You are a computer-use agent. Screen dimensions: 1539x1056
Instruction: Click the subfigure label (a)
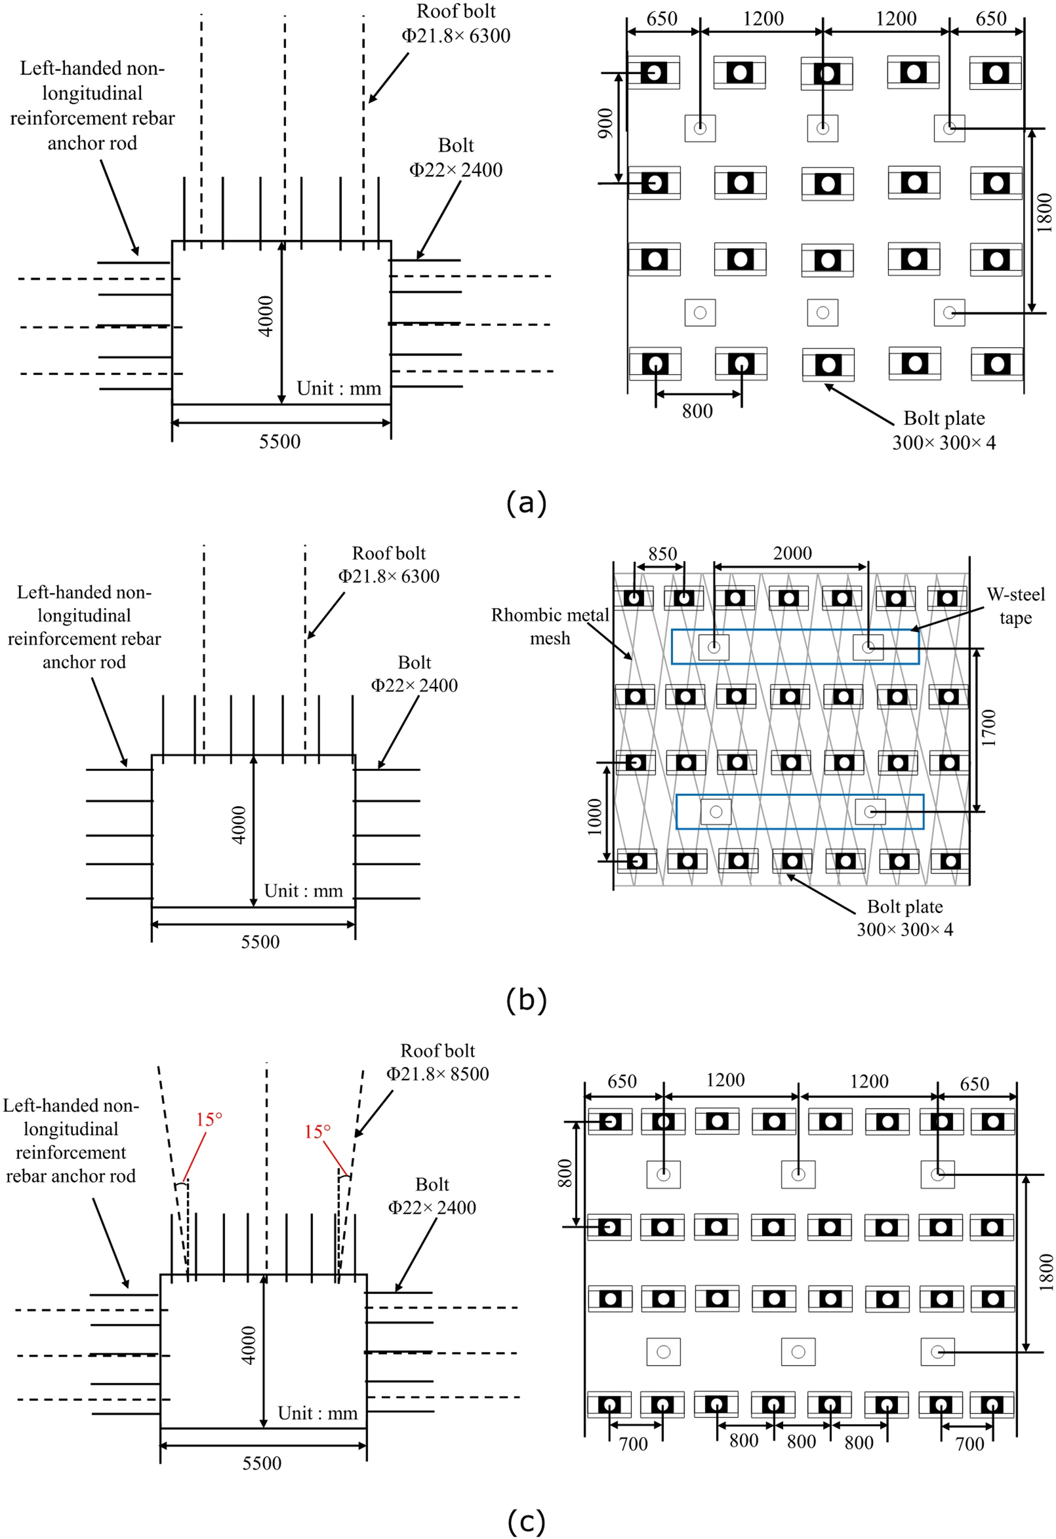526,503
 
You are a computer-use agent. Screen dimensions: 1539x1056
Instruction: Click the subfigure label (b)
526,1000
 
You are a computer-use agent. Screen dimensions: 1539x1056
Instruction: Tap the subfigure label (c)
526,1521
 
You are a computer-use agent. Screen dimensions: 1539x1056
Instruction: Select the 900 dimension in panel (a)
605,123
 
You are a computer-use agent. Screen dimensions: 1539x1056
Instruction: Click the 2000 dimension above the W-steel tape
792,553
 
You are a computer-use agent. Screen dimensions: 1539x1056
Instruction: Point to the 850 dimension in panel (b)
662,554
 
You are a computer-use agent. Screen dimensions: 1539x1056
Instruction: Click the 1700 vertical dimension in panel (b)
989,728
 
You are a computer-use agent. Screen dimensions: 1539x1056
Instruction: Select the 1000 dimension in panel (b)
594,817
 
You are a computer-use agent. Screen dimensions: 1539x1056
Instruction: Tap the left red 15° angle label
209,1120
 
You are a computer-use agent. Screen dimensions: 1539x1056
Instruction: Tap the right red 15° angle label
317,1132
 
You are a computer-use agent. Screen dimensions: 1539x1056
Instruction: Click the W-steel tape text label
1015,606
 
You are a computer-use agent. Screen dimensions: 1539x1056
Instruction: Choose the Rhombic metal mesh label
550,627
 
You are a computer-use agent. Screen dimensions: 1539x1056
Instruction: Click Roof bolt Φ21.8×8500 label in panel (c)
437,1062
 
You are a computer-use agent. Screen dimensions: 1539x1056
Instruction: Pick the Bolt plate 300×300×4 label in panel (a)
943,431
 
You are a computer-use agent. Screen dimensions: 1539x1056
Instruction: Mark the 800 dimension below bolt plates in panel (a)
698,411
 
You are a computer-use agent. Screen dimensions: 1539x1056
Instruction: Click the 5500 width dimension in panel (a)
279,442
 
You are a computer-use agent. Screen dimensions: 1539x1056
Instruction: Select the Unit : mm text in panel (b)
304,891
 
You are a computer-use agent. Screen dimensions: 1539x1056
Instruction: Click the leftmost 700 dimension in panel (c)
634,1444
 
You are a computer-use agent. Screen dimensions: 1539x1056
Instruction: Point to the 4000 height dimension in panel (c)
248,1346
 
